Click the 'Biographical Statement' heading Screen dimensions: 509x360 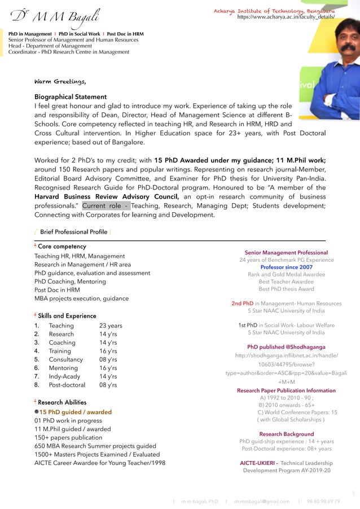pos(71,96)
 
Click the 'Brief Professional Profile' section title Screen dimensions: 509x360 pos(73,232)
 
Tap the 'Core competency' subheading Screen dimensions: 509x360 pos(62,247)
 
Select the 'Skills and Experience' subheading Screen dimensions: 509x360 pos(67,316)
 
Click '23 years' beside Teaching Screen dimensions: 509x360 pos(111,326)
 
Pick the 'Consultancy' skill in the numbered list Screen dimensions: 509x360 pos(65,359)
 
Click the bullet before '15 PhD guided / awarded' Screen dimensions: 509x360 pos(36,412)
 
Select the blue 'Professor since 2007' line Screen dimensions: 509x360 pos(286,267)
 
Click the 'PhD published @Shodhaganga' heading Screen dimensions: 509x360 pos(286,347)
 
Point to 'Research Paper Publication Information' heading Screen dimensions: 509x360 pos(286,390)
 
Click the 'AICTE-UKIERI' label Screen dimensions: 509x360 pos(258,463)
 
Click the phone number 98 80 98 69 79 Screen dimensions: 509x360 pos(323,501)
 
